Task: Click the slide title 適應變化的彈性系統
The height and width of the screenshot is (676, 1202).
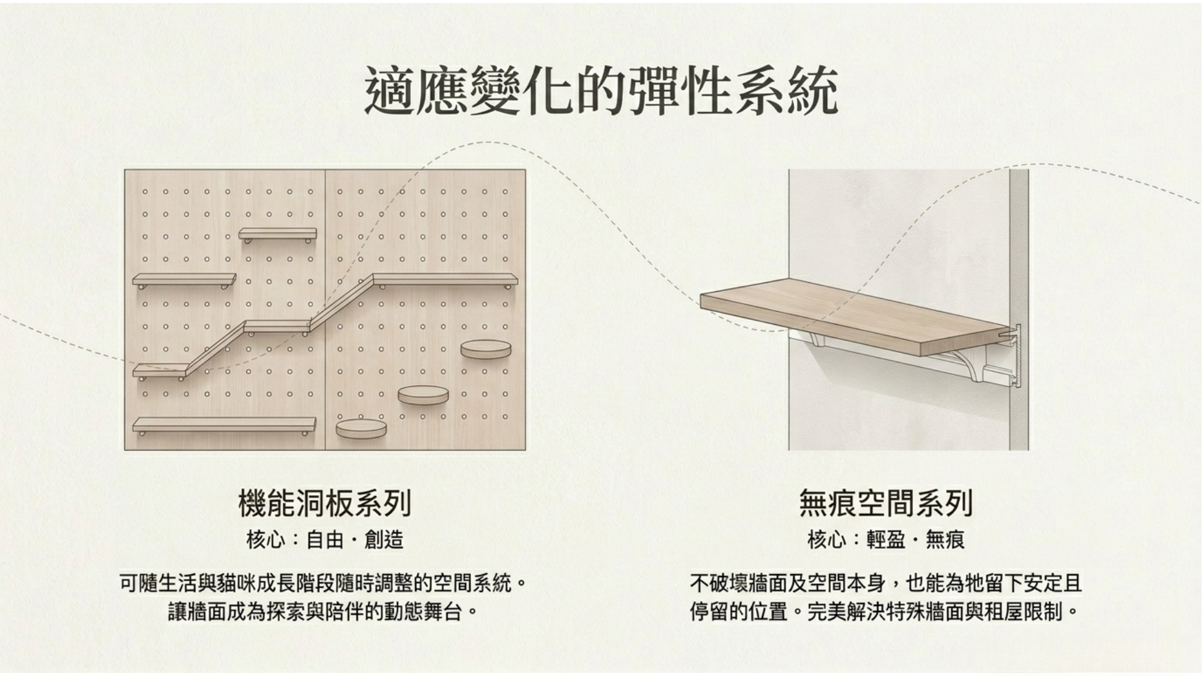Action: [601, 91]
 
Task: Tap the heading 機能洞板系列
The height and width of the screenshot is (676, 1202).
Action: [325, 504]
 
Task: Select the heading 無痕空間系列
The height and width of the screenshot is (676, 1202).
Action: [886, 504]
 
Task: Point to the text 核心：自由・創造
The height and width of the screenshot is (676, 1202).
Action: [325, 540]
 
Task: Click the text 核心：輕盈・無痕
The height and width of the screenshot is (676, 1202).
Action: [886, 540]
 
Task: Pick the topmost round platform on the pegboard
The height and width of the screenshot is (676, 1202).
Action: [486, 349]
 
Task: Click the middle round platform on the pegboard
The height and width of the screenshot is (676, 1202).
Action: [423, 395]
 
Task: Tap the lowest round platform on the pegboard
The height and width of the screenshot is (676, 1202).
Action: [361, 429]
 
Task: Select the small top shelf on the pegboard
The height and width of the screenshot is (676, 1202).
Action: [277, 234]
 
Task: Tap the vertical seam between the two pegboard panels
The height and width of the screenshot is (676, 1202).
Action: [326, 310]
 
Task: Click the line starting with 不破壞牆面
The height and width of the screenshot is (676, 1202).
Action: [886, 583]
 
